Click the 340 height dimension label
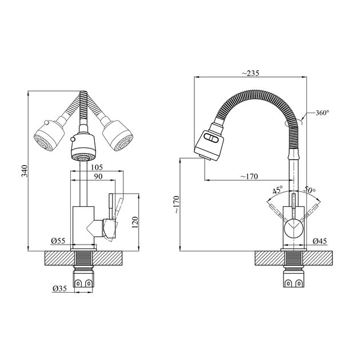pos(25,171)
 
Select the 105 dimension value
pos(97,167)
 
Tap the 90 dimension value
pos(98,177)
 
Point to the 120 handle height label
pos(135,222)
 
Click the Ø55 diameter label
pos(58,241)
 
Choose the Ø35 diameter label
pos(59,288)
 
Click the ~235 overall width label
pos(250,73)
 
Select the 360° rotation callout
pos(322,113)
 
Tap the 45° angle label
pos(278,190)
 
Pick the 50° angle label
pos(310,190)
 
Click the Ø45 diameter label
pos(319,241)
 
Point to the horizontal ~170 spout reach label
pos(249,177)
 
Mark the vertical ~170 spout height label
pos(177,205)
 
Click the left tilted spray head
pos(49,135)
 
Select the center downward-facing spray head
pos(83,147)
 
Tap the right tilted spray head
pos(118,135)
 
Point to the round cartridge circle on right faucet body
pos(294,229)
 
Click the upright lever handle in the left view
pos(111,206)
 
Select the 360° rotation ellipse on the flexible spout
pos(293,122)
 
